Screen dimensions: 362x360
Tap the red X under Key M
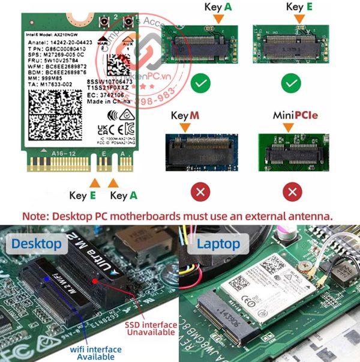200,193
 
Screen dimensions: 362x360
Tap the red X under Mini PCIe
292,193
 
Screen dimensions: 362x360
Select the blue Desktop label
37,243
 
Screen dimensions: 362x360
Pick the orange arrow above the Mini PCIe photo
288,127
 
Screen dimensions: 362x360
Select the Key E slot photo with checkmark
292,43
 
